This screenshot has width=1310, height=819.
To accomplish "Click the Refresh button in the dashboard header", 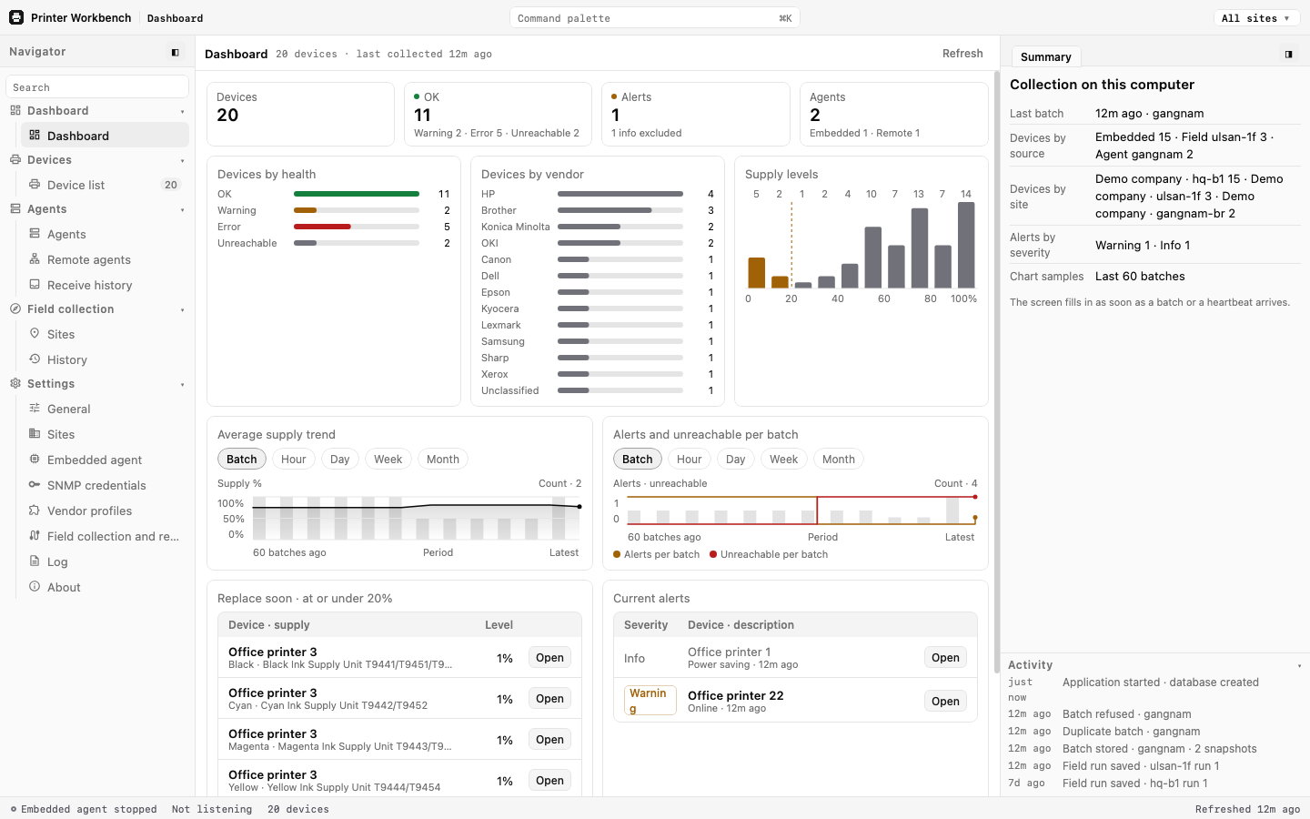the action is (x=962, y=54).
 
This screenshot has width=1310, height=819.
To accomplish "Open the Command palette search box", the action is (x=654, y=18).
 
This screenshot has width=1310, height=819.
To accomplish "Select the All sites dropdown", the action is (x=1255, y=18).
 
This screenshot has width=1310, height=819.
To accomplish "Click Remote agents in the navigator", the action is (x=89, y=259).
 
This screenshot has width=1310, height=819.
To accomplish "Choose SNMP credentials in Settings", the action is (x=96, y=486).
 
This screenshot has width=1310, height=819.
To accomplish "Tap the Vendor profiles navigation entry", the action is (x=89, y=511).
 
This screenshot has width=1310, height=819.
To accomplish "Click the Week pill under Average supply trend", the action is (x=388, y=460).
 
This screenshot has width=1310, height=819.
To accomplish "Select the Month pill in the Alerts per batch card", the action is (x=838, y=460).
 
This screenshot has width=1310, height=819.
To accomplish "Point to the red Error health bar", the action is (x=322, y=227).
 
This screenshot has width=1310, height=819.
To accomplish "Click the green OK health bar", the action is (x=357, y=194).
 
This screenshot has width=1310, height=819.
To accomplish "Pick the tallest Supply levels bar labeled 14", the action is (x=966, y=245).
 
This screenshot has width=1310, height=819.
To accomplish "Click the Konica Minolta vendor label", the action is (x=515, y=227).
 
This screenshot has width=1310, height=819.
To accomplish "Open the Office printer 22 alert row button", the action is (x=945, y=701).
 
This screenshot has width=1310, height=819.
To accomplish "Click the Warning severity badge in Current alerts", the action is (x=650, y=701).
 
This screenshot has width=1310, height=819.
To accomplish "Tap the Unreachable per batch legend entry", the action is (x=769, y=554).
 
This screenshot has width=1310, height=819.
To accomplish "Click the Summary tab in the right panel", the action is (x=1045, y=56).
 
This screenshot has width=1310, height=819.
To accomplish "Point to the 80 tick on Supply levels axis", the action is (x=931, y=298).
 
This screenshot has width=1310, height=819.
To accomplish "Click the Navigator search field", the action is (x=97, y=87).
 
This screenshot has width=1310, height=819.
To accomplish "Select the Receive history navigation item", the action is (x=89, y=285).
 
